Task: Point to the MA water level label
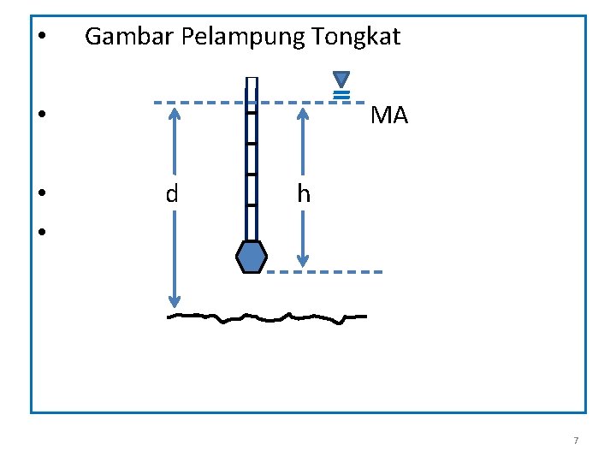(x=389, y=115)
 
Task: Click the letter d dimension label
(x=172, y=194)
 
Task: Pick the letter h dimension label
(x=304, y=194)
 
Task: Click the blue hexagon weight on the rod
(x=252, y=257)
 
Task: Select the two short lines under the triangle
(x=341, y=94)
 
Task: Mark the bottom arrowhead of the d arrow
(x=175, y=300)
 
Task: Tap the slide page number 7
(x=576, y=441)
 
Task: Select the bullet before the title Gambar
(x=42, y=38)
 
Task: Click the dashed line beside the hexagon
(x=325, y=272)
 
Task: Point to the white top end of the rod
(x=252, y=84)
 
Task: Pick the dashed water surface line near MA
(x=205, y=103)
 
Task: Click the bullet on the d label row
(x=42, y=193)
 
